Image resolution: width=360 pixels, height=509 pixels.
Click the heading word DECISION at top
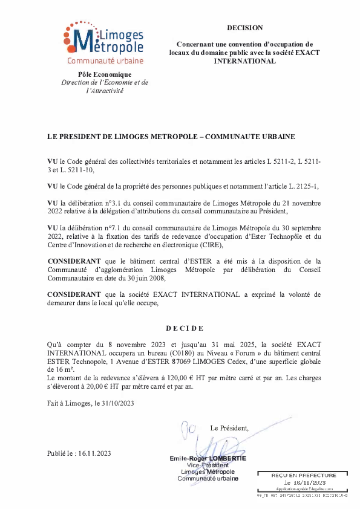point(245,28)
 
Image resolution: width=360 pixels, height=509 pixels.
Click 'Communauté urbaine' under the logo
point(105,61)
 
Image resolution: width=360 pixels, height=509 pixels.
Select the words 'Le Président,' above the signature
point(229,428)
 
